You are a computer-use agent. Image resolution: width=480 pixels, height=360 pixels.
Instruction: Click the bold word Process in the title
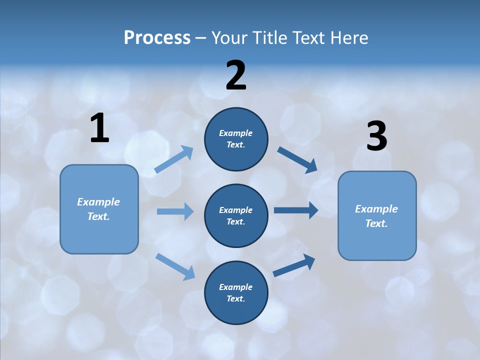[x=157, y=37]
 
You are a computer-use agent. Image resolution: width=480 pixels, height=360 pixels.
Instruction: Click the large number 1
[x=99, y=128]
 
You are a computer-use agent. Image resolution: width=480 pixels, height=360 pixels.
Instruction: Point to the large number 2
[x=236, y=75]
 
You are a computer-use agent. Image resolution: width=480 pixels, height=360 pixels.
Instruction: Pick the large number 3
[x=376, y=137]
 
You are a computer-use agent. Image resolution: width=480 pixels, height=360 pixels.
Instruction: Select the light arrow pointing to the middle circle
[x=175, y=211]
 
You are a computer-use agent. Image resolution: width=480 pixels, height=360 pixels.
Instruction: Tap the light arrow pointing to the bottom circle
[x=175, y=266]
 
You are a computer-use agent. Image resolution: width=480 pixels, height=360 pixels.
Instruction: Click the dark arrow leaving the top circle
[x=297, y=159]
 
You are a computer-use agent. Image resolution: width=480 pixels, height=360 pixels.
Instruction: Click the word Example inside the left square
[x=98, y=202]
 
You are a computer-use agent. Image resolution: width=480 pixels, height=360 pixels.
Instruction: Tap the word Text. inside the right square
[x=376, y=223]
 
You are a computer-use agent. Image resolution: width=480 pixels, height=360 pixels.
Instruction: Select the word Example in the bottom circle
[x=236, y=287]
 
